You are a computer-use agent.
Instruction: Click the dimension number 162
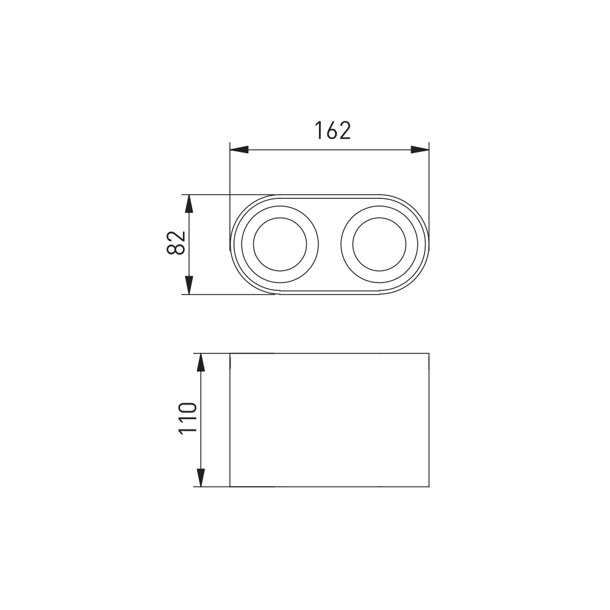tap(332, 131)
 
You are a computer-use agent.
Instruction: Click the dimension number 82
tap(176, 243)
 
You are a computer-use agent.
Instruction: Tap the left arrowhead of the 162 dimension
tap(239, 149)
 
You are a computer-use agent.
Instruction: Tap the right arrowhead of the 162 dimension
tap(420, 149)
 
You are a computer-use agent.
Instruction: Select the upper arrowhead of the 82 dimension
tap(188, 204)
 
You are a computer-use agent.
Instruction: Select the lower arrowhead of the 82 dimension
tap(188, 285)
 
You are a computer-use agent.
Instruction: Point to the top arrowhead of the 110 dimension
tap(200, 362)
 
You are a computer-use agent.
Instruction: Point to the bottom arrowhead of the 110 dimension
tap(200, 478)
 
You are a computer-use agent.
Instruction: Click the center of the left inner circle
tap(280, 245)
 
